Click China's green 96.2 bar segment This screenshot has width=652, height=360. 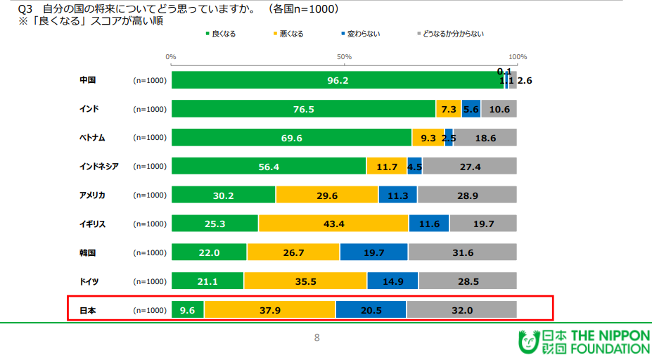click(338, 80)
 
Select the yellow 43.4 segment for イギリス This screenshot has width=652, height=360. click(333, 224)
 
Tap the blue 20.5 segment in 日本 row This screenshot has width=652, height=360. click(371, 310)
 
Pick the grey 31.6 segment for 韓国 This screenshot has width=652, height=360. click(462, 252)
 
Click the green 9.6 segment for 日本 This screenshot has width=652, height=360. click(187, 310)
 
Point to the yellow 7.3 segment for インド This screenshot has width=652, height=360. click(448, 109)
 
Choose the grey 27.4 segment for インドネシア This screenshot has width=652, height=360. click(469, 167)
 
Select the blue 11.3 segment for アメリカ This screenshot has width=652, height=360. click(397, 195)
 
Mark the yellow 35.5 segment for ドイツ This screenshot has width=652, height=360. click(305, 281)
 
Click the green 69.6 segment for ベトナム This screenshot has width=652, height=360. click(291, 138)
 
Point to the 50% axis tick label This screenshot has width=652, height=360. click(344, 56)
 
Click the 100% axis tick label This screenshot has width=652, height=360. click(517, 56)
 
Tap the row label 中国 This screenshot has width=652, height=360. click(87, 80)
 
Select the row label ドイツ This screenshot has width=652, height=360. click(89, 281)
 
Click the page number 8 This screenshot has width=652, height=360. click(317, 338)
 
